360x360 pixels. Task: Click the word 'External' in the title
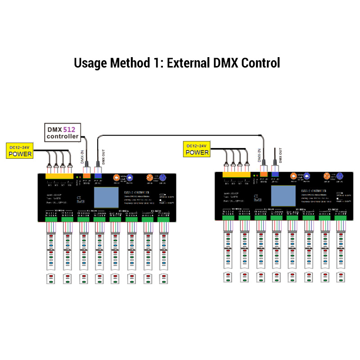188,63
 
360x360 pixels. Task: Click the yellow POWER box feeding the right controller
197,149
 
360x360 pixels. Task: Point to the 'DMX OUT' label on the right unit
280,154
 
